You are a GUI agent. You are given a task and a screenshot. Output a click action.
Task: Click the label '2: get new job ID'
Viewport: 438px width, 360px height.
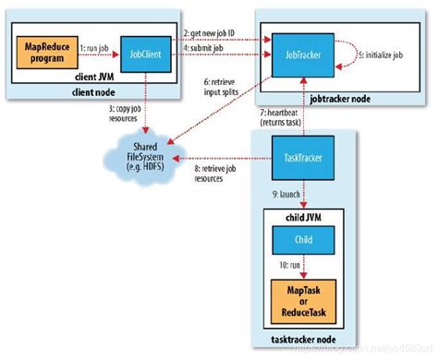[212, 32]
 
